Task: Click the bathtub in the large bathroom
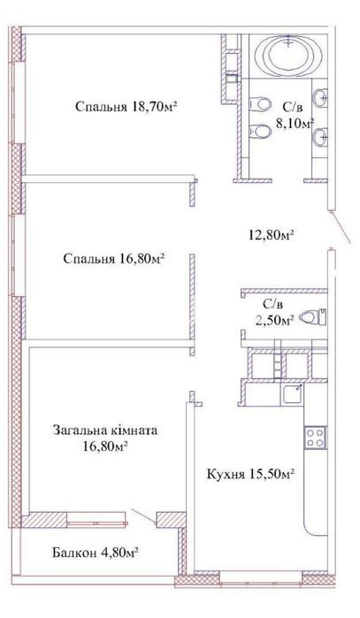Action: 286,55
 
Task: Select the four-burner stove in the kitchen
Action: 314,436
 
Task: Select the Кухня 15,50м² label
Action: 250,474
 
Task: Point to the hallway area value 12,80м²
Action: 270,235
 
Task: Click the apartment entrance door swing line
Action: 340,233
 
